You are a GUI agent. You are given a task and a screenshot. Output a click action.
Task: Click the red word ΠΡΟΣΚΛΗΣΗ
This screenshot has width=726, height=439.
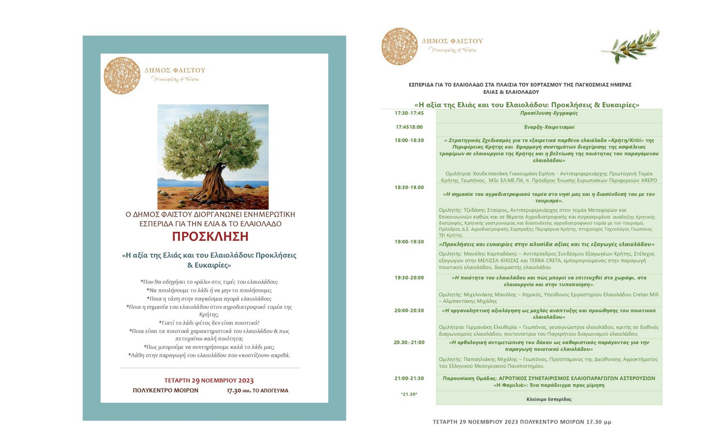210,237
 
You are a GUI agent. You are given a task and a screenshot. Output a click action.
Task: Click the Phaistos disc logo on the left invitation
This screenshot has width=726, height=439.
122,76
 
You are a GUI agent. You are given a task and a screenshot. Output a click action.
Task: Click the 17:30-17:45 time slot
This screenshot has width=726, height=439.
409,113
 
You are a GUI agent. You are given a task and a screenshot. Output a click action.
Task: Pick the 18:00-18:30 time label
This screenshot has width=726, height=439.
409,141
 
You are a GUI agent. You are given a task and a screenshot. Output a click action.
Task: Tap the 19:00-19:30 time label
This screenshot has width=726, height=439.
409,242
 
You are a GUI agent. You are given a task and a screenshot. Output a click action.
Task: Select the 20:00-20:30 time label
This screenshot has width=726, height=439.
409,311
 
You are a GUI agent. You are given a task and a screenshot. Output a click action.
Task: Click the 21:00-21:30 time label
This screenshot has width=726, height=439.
409,379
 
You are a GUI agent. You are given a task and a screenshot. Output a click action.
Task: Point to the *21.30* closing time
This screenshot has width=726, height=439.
409,394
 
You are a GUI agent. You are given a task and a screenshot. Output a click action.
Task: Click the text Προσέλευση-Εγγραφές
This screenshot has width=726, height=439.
548,113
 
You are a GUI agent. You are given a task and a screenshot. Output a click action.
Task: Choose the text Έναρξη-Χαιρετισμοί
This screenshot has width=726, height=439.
548,127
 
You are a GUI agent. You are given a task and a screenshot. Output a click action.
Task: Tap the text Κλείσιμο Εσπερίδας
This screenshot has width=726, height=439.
548,399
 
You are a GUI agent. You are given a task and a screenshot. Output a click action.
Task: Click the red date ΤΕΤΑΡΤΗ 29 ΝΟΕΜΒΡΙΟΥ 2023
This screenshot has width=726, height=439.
209,381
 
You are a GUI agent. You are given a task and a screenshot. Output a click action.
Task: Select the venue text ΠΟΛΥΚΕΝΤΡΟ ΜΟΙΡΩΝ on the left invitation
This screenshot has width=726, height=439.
165,390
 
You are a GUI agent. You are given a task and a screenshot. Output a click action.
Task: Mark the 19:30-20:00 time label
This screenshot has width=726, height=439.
409,278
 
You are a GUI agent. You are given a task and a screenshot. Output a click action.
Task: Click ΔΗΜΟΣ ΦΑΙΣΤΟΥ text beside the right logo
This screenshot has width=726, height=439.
452,41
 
